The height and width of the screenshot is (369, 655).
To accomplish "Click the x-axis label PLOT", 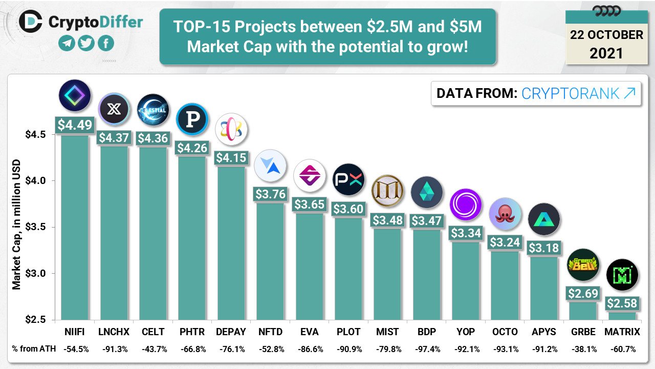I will (348, 332).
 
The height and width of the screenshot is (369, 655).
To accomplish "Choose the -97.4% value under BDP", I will (426, 349).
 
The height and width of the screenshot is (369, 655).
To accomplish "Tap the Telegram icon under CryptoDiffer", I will (67, 43).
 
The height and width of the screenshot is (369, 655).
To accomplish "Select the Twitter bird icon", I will (86, 43).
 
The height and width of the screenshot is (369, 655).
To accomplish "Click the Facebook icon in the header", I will (105, 43).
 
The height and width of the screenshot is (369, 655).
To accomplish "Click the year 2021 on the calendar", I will (606, 53).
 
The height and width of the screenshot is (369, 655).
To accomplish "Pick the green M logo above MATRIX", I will (622, 275).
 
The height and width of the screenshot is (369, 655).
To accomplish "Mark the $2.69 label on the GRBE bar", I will (583, 294).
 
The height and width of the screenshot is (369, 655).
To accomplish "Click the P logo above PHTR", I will (192, 119).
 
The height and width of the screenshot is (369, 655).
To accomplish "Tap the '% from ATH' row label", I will (32, 349).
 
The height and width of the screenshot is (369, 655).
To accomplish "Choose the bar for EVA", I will (309, 266).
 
